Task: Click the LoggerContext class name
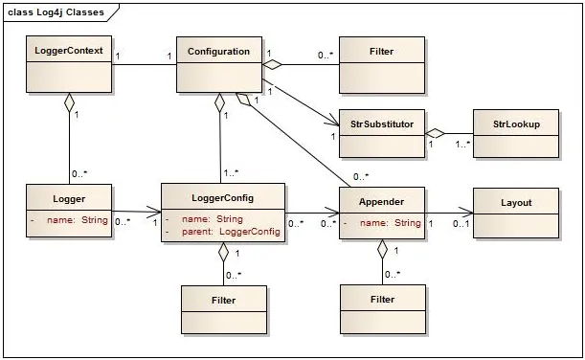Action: (69, 51)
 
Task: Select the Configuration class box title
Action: (219, 51)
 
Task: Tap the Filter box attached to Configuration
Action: (382, 64)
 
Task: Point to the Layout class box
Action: (515, 213)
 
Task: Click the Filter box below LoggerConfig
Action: (223, 309)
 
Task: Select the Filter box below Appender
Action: (382, 309)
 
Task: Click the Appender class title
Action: (382, 202)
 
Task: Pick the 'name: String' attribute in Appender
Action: (389, 223)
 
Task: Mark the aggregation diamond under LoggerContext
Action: (69, 101)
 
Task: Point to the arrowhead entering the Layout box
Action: (468, 213)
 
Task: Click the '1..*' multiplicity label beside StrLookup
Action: (461, 145)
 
